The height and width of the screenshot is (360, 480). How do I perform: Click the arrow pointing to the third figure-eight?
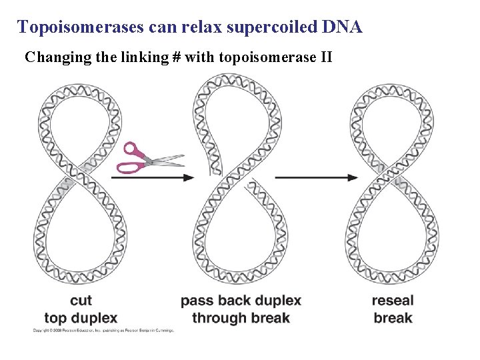coord(316,177)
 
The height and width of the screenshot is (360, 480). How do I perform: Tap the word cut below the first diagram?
coord(81,301)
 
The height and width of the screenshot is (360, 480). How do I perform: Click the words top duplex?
coord(81,317)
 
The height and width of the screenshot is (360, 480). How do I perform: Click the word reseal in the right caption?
coord(393,301)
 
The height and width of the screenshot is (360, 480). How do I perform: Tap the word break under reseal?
coord(393,317)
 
